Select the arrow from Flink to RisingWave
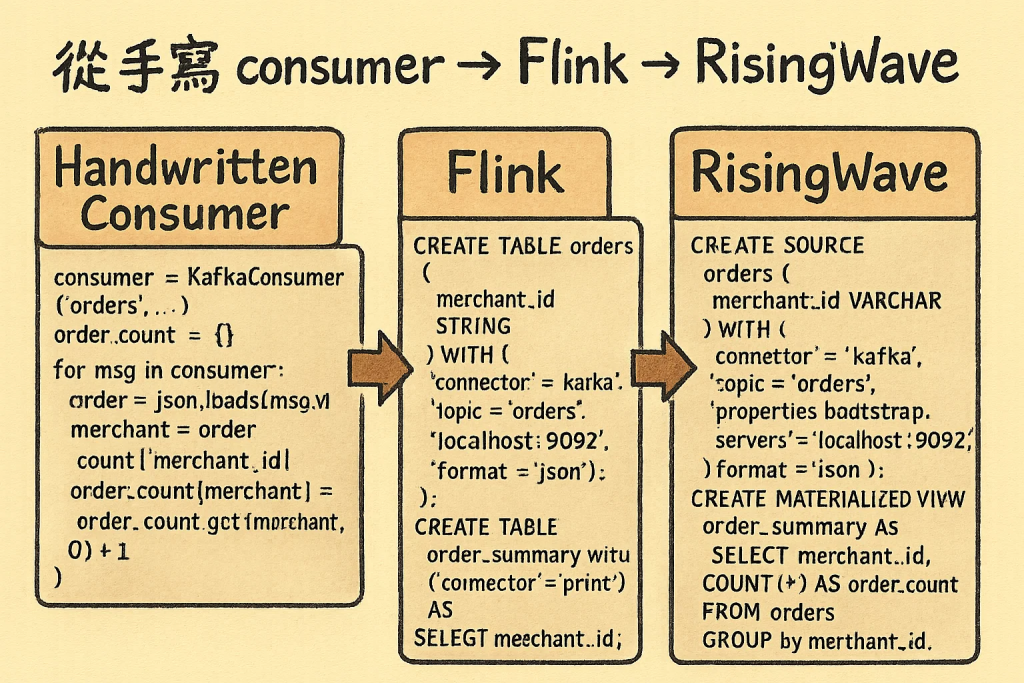661,366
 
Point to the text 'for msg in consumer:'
169,371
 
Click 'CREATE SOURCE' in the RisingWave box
777,246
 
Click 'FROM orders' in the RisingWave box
767,611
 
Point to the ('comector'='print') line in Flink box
521,581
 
